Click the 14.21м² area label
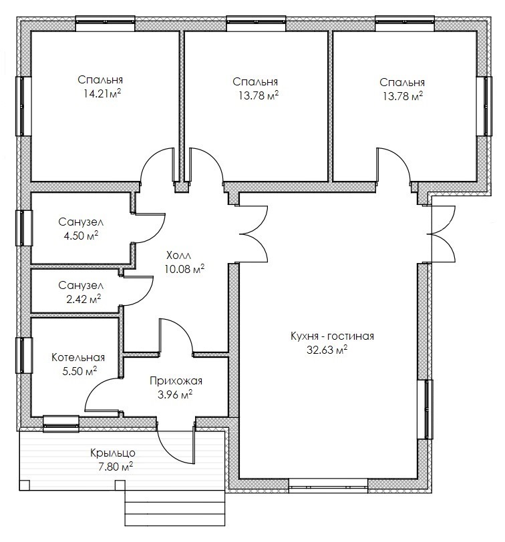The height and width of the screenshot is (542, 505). click(x=102, y=93)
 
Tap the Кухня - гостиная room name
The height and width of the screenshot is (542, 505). click(x=332, y=336)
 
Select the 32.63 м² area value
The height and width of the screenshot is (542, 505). click(x=327, y=350)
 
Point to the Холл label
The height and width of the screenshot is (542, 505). click(x=178, y=256)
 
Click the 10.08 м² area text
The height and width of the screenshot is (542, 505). click(x=184, y=268)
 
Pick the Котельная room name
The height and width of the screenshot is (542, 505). click(x=78, y=357)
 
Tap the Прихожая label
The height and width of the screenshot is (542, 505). click(x=176, y=381)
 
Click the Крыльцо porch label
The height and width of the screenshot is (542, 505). click(x=113, y=453)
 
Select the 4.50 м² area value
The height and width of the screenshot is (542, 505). click(x=81, y=236)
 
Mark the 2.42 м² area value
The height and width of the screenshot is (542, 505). click(x=83, y=298)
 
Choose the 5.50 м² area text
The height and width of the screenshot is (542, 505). click(x=79, y=371)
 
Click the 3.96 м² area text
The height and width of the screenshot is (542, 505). click(x=175, y=394)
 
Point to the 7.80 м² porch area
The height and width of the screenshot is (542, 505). click(x=116, y=467)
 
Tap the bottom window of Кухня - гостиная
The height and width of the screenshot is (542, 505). click(x=328, y=486)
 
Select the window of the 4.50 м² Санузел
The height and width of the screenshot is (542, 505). click(x=24, y=228)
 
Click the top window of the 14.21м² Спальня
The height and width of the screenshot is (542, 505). click(x=105, y=23)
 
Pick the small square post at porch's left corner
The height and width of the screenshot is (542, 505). click(x=24, y=485)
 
